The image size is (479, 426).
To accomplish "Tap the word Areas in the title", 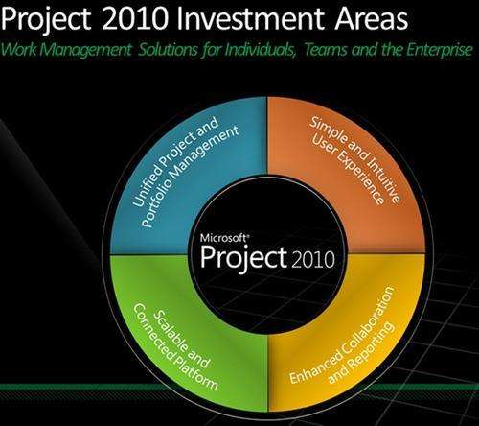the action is pos(372,18).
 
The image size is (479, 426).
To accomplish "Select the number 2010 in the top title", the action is pos(136,18).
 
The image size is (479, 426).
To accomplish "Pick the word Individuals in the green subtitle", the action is pos(261,50).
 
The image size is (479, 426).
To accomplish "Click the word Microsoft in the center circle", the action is pos(224,238).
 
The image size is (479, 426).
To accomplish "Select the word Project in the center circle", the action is pos(243,257).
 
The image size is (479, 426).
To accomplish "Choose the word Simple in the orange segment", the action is pos(327,130).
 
